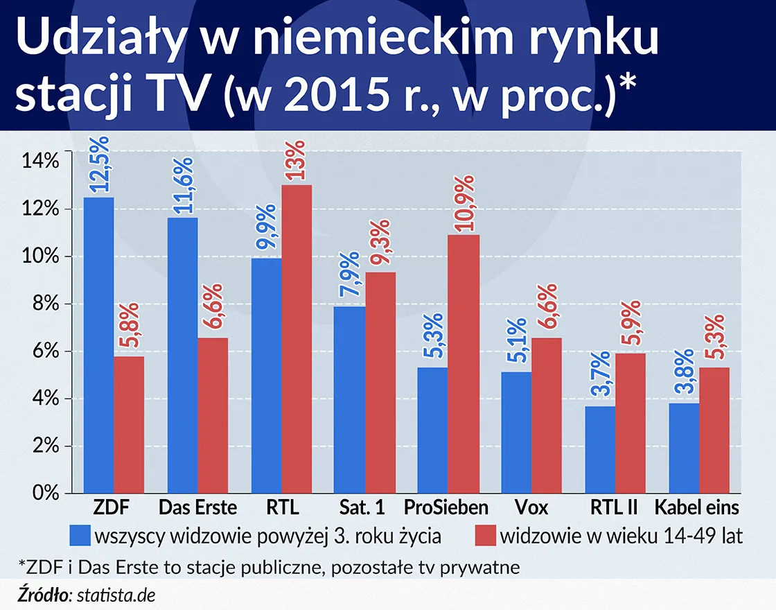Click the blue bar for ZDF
coord(99,345)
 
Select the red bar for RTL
coord(297,339)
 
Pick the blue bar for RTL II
coord(600,449)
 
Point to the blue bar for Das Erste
coord(183,355)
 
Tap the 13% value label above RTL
coord(296,161)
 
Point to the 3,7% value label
coord(600,377)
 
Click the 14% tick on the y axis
coord(41,162)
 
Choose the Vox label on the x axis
coord(531,508)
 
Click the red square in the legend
coord(484,536)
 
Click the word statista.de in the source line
coord(116,594)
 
